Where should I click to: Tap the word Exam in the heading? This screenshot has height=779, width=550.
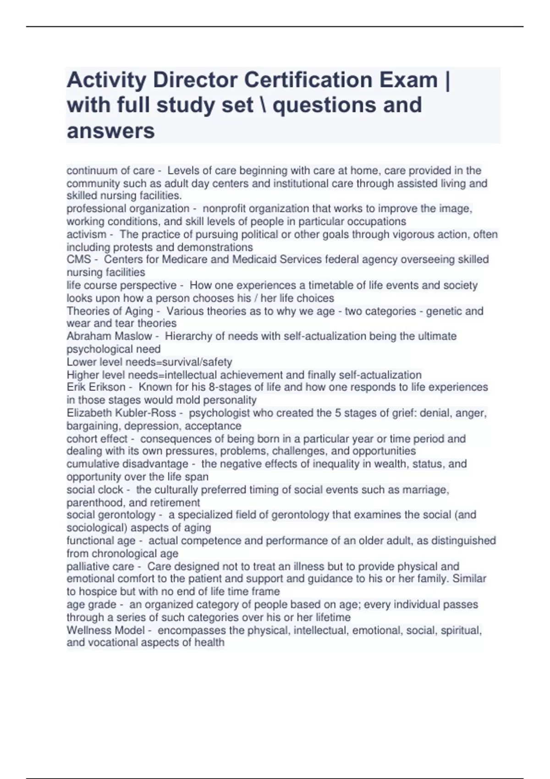[x=408, y=80]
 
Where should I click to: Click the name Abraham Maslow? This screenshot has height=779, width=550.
[x=109, y=336]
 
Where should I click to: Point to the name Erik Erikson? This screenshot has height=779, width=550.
[x=96, y=387]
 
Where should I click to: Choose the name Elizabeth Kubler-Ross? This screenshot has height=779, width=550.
[x=121, y=413]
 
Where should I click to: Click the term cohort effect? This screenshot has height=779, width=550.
[x=97, y=439]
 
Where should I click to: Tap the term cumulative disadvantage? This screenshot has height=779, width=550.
[x=127, y=464]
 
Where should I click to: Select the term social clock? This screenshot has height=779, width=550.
[x=95, y=489]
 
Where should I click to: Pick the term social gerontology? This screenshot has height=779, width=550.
[x=111, y=515]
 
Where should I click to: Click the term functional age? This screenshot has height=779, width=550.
[x=101, y=541]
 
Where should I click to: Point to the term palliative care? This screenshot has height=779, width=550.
[x=100, y=566]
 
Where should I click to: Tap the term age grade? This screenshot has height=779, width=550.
[x=91, y=604]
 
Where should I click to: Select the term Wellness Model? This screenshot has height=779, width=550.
[x=105, y=630]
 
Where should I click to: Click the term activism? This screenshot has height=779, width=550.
[x=86, y=234]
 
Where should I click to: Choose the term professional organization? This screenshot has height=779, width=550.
[x=128, y=208]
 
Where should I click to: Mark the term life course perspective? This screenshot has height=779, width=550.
[x=121, y=285]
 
